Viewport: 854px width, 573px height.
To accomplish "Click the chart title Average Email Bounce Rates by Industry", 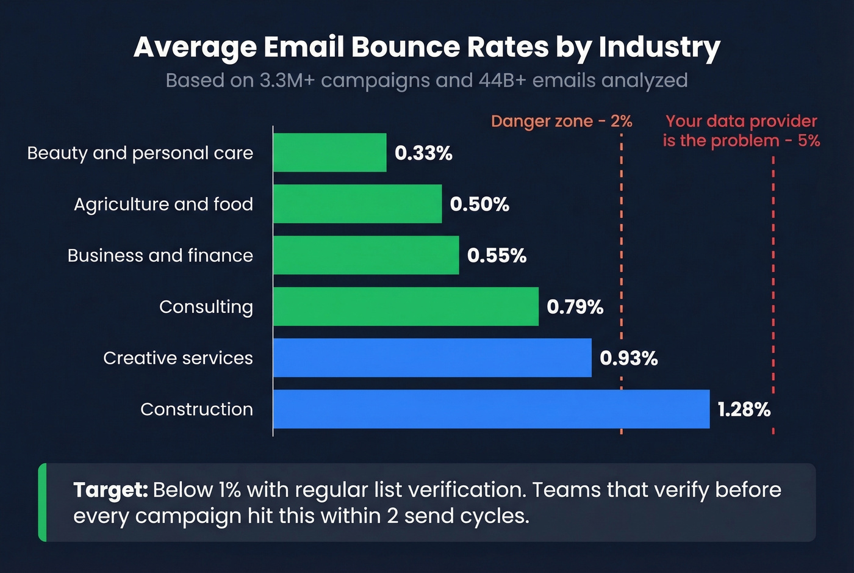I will pyautogui.click(x=427, y=48).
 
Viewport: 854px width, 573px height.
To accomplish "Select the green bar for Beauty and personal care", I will pyautogui.click(x=329, y=153).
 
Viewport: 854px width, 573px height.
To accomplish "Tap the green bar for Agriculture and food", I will pyautogui.click(x=357, y=204).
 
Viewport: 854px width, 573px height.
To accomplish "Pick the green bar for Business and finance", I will pyautogui.click(x=366, y=255).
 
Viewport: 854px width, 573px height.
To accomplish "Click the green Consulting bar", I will pyautogui.click(x=406, y=306).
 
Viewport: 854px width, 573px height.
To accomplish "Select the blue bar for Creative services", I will pyautogui.click(x=432, y=358).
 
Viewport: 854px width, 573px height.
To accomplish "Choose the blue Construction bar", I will pyautogui.click(x=491, y=409).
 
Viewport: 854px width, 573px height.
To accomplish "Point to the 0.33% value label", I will pyautogui.click(x=423, y=153).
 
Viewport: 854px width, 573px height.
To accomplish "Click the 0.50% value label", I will pyautogui.click(x=479, y=204).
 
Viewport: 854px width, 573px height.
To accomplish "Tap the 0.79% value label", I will pyautogui.click(x=575, y=307).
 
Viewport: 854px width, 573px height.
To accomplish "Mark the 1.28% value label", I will pyautogui.click(x=744, y=409).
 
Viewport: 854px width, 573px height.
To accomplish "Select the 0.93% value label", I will pyautogui.click(x=628, y=358).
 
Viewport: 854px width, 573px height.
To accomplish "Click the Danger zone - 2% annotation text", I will pyautogui.click(x=561, y=121).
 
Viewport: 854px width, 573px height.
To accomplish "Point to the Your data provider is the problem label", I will pyautogui.click(x=741, y=131).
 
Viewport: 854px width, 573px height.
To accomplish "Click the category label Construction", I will pyautogui.click(x=196, y=409).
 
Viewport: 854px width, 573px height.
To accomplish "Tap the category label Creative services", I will pyautogui.click(x=178, y=358).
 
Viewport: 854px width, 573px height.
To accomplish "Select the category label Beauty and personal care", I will pyautogui.click(x=140, y=153).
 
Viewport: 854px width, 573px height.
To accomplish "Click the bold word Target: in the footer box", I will pyautogui.click(x=110, y=490).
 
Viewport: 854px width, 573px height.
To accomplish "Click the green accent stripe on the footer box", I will pyautogui.click(x=42, y=502).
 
